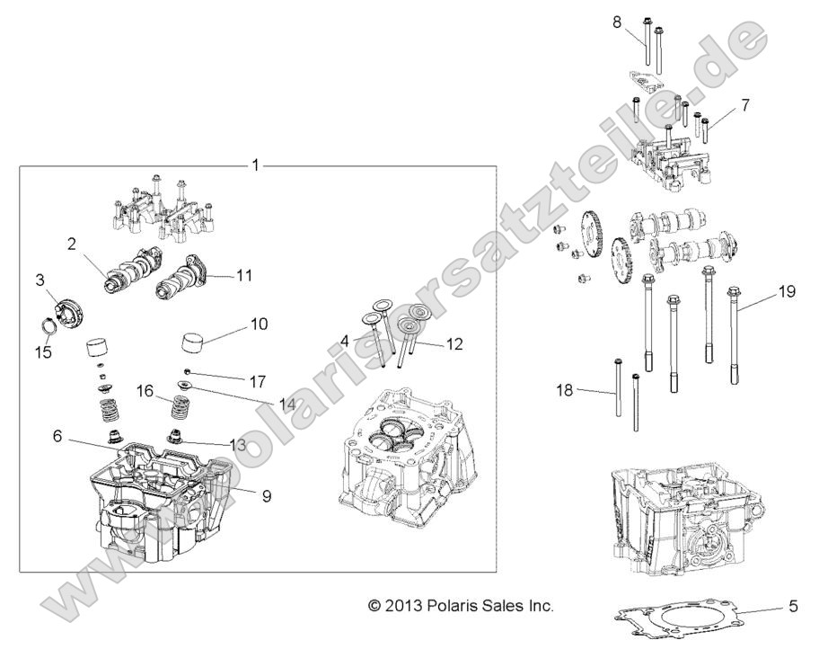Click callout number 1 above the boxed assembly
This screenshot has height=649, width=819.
pos(255,165)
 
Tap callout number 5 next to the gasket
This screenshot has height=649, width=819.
pos(793,604)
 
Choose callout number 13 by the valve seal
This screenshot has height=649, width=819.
pos(237,444)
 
